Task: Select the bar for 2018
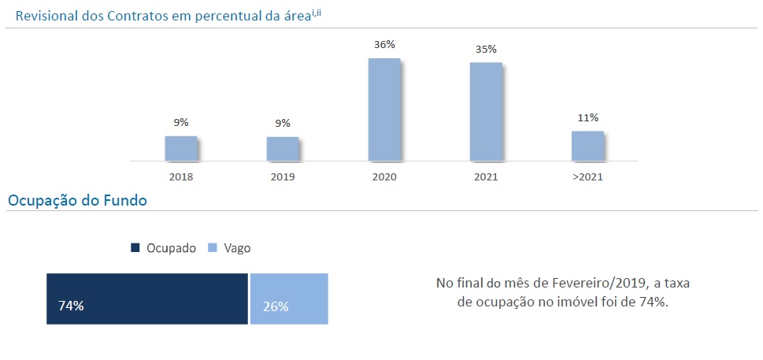pyautogui.click(x=180, y=148)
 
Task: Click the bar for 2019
pyautogui.click(x=283, y=148)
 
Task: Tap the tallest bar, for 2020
pyautogui.click(x=384, y=109)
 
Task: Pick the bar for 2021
pyautogui.click(x=486, y=111)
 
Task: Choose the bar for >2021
pyautogui.click(x=587, y=145)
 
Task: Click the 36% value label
pyautogui.click(x=384, y=45)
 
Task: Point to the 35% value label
pyautogui.click(x=486, y=49)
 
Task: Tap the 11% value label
pyautogui.click(x=587, y=118)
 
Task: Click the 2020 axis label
pyautogui.click(x=384, y=176)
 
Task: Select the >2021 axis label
pyautogui.click(x=587, y=176)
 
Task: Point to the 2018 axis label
pyautogui.click(x=180, y=176)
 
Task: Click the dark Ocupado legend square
pyautogui.click(x=135, y=248)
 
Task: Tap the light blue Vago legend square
pyautogui.click(x=212, y=248)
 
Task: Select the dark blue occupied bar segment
pyautogui.click(x=147, y=299)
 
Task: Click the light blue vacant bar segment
pyautogui.click(x=289, y=299)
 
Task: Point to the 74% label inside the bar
pyautogui.click(x=71, y=306)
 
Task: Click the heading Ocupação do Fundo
pyautogui.click(x=77, y=201)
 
